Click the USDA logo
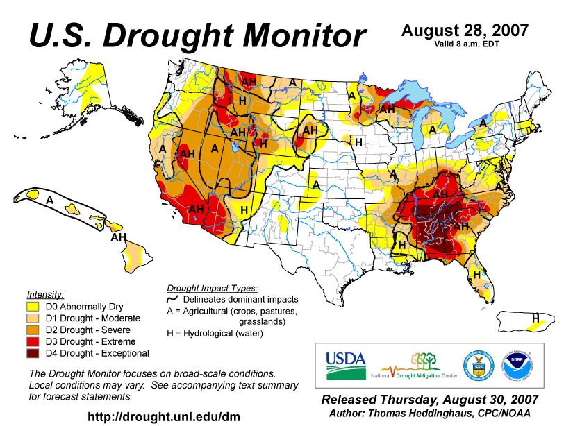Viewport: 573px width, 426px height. pos(345,363)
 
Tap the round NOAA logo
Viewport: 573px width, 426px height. pos(515,364)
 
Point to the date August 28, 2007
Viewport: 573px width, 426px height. pos(465,31)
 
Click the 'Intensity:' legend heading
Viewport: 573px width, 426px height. pos(45,294)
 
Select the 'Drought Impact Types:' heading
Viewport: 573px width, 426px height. pos(212,287)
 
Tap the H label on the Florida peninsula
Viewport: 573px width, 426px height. pos(477,275)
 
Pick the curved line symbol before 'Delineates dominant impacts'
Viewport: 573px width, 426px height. pos(172,299)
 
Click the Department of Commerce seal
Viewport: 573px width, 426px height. pos(475,364)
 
